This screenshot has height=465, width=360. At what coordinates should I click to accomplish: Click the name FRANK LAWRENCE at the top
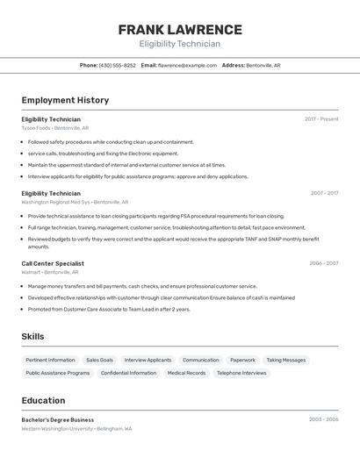[180, 29]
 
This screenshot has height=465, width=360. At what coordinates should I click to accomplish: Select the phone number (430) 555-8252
[117, 65]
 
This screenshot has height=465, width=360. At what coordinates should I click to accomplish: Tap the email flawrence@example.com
[187, 65]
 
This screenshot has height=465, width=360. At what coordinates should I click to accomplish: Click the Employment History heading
[65, 100]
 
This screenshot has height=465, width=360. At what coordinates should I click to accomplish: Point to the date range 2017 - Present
[321, 119]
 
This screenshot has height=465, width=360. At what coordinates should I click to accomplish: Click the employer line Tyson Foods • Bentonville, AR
[55, 128]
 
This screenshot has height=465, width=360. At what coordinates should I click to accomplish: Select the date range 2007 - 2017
[324, 193]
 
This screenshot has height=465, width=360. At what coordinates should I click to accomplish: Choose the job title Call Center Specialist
[53, 263]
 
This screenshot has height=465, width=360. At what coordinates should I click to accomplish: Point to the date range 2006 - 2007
[323, 263]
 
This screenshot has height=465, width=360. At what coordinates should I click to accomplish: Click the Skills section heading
[32, 336]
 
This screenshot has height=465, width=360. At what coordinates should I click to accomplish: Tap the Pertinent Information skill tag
[50, 360]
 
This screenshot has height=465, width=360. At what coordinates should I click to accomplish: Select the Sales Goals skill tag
[99, 360]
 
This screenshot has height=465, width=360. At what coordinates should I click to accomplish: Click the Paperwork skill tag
[242, 360]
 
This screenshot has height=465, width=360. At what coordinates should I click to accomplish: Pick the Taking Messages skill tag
[286, 360]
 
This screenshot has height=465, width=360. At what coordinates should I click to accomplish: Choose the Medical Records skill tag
[186, 373]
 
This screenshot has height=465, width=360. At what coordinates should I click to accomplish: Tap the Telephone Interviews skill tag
[241, 373]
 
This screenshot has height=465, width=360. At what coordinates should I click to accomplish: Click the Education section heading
[43, 400]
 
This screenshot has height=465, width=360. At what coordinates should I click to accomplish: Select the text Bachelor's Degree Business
[57, 419]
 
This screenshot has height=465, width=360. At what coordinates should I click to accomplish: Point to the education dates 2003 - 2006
[323, 419]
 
